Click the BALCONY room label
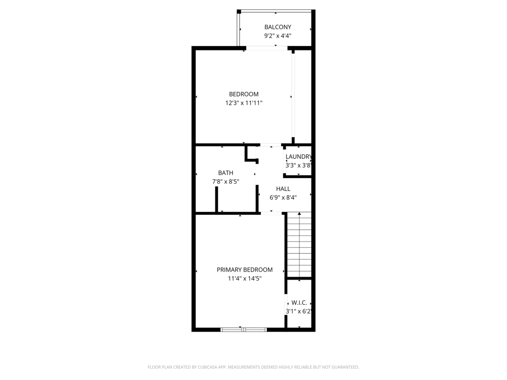point(277,27)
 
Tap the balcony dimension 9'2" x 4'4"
point(277,36)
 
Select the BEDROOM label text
point(244,94)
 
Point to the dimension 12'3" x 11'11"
point(244,103)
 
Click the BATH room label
point(226,173)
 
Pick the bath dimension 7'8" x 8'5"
point(226,182)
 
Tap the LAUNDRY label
point(299,157)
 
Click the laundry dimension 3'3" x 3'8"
point(298,166)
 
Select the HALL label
point(283,189)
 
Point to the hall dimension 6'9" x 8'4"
point(283,197)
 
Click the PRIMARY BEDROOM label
point(245,270)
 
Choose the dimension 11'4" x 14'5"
point(245,279)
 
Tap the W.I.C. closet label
point(299,302)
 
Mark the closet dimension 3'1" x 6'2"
point(298,311)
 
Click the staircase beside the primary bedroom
point(300,245)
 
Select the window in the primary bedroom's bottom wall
point(244,329)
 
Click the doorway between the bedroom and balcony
point(267,48)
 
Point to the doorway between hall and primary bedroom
point(271,213)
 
